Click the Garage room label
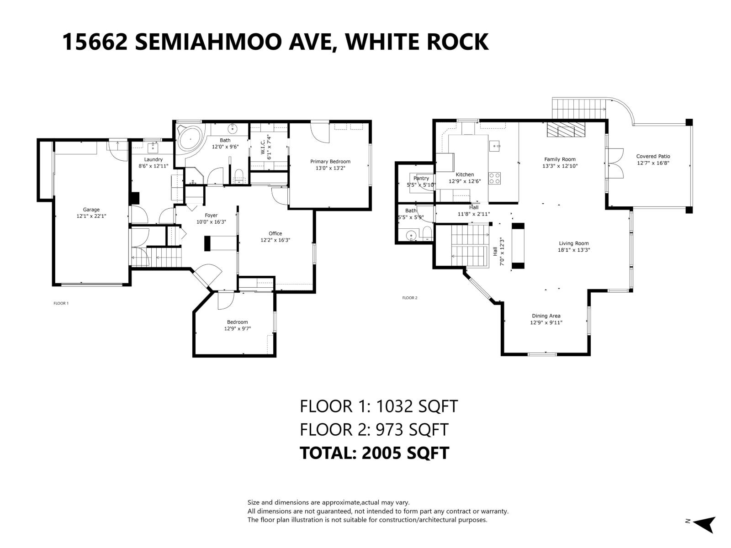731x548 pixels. tap(91, 210)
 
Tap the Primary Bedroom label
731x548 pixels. tap(330, 162)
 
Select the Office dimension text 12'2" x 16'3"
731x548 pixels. tap(275, 240)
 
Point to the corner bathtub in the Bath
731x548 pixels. tap(188, 139)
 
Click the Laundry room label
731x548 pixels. tap(154, 159)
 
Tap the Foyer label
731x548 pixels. tap(211, 216)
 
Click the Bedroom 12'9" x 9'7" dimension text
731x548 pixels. tap(237, 329)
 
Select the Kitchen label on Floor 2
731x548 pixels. tap(465, 174)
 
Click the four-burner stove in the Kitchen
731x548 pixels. tap(494, 178)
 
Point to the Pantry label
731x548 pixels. tap(421, 179)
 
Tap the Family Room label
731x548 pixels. tap(560, 159)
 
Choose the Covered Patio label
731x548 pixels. tap(653, 157)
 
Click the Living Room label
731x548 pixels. tap(573, 243)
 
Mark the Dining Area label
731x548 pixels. tap(546, 316)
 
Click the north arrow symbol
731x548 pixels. tap(705, 524)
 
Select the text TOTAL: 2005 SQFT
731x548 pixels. tap(374, 453)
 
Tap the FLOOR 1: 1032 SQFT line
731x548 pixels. tap(378, 406)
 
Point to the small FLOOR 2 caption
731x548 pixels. tap(409, 298)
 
